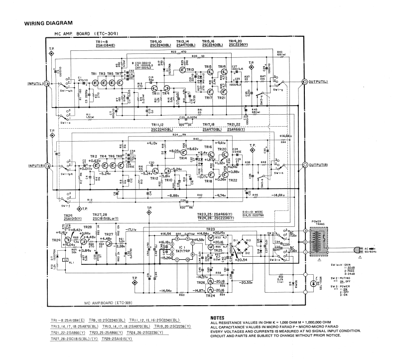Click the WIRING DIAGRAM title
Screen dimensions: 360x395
[x=48, y=23]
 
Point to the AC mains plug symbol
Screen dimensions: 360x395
[x=357, y=250]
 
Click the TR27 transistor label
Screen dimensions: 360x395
[x=108, y=234]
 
